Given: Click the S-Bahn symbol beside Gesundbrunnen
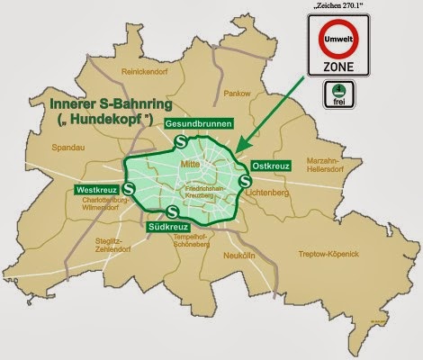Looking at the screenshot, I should click(x=181, y=141).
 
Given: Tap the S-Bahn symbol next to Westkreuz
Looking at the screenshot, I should click(x=130, y=189).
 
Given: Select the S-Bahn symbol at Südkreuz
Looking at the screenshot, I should click(x=172, y=212).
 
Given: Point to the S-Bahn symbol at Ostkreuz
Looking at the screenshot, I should click(x=247, y=182).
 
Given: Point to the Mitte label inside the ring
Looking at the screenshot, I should click(x=190, y=165).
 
